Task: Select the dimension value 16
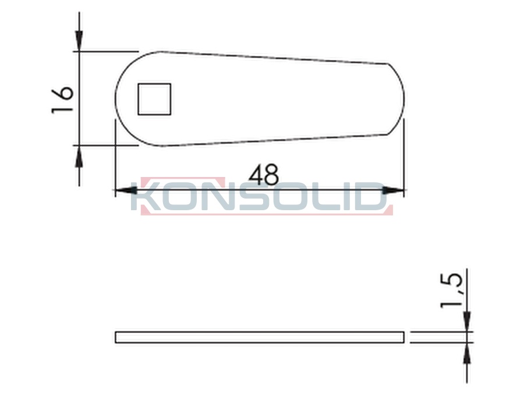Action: tap(62, 100)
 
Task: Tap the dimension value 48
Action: tap(263, 175)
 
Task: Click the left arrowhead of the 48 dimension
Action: tap(126, 190)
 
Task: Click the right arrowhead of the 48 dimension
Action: tap(394, 190)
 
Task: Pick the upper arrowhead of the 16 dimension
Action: tap(79, 41)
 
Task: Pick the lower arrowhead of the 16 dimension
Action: tap(79, 156)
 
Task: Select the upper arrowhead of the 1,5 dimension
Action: tap(467, 321)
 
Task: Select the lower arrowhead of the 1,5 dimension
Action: tap(467, 353)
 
